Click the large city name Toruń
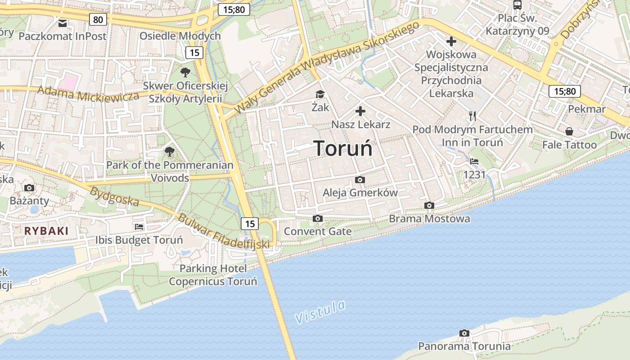point(343,148)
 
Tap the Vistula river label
point(320,311)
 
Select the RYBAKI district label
point(46,231)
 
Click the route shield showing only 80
point(98,19)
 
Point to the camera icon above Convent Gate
point(318,219)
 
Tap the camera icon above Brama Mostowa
point(429,206)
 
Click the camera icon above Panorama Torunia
point(464,333)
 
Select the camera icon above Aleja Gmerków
point(360,180)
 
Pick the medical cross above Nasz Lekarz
point(360,111)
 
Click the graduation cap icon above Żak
point(320,94)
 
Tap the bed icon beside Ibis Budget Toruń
point(139,227)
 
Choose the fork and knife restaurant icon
point(472,116)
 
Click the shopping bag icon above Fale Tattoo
point(569,131)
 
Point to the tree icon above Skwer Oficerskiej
point(185,72)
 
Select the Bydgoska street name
point(114,196)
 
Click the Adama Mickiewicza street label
point(88,94)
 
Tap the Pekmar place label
point(586,109)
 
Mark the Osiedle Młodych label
point(180,36)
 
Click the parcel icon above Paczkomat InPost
point(62,22)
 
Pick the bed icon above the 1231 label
point(474,162)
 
